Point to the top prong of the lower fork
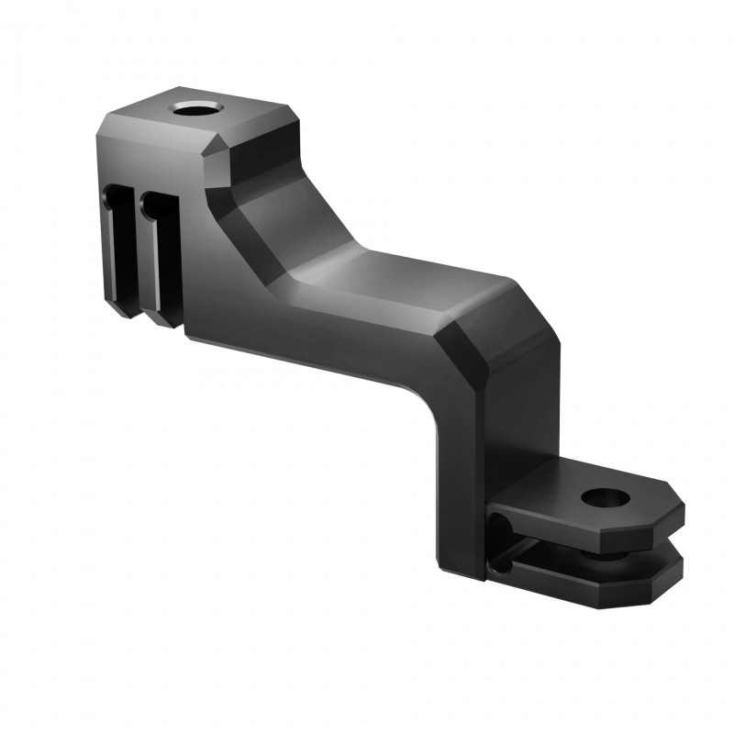click(587, 514)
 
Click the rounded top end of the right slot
click(156, 200)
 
